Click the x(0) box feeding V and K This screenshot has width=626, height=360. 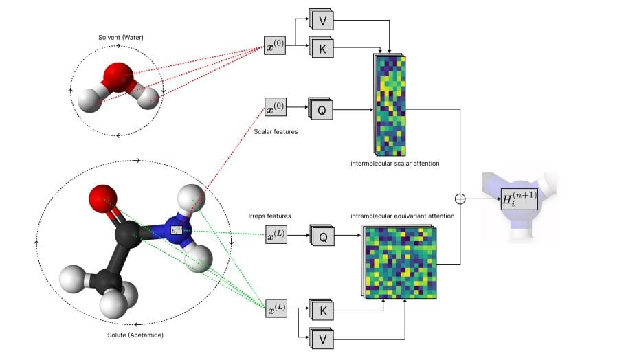275,47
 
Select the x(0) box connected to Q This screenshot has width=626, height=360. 275,109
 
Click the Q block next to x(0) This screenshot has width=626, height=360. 321,109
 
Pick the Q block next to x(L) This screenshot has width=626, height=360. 321,236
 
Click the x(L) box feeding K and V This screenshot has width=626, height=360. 276,309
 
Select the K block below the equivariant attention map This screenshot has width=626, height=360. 321,310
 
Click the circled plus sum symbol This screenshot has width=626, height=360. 460,199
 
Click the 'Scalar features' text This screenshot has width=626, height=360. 276,131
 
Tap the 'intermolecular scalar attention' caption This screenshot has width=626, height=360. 394,164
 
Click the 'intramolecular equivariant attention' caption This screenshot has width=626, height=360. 403,216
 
